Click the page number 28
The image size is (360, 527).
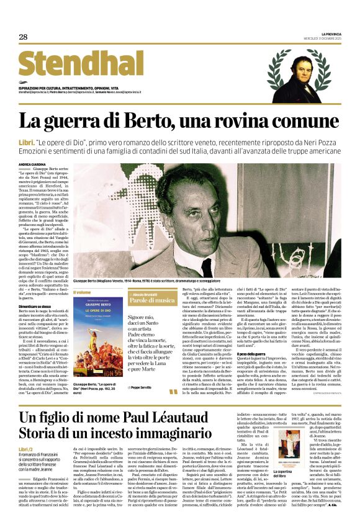23,37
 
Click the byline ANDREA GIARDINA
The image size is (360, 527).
33,164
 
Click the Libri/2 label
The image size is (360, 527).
26,449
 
